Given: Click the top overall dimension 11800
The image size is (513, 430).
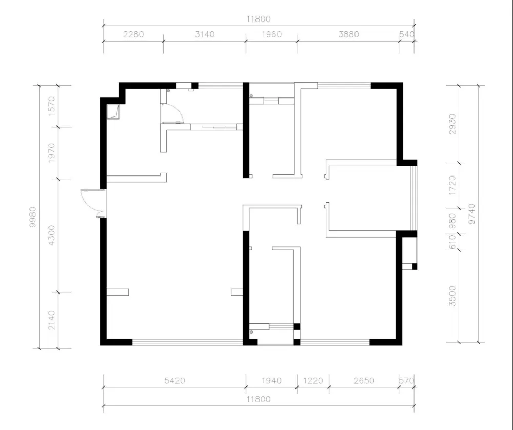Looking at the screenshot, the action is (x=259, y=19).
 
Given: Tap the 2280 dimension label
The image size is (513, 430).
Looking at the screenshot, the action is (x=133, y=34).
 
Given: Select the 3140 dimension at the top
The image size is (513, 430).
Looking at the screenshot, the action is (x=205, y=34).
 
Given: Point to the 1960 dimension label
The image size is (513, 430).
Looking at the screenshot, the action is (x=271, y=34).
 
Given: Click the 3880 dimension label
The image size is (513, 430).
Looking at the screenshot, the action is (x=348, y=34).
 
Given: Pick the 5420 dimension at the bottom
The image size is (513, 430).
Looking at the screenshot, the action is (x=174, y=381).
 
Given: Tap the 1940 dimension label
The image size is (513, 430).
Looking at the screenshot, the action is (x=271, y=381).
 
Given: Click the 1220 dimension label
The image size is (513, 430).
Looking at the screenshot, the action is (x=313, y=381).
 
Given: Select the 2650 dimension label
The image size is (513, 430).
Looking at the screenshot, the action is (x=364, y=381).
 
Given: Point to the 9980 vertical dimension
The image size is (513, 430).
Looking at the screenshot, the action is (x=33, y=217).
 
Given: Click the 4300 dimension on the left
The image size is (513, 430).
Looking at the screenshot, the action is (x=52, y=236).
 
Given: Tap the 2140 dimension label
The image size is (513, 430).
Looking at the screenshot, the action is (x=52, y=320).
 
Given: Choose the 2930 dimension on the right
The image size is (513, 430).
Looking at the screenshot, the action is (x=452, y=124).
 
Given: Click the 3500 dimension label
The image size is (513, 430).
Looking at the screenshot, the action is (x=452, y=296).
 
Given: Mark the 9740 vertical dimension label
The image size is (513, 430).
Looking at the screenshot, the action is (x=471, y=213).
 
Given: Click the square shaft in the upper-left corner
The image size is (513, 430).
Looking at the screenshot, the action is (x=113, y=111).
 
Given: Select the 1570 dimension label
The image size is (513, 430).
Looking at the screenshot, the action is (x=52, y=106).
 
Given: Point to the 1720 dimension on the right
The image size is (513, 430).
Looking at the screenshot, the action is (x=452, y=186).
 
